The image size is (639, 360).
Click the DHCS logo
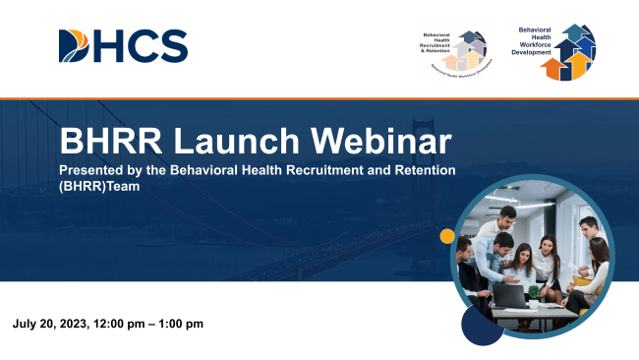click(x=123, y=44)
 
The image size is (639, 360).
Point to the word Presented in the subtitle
click(x=95, y=171)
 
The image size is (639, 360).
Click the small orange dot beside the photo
click(x=447, y=236)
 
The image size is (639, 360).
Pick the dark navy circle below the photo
click(x=482, y=325)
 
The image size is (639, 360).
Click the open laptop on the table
click(x=510, y=293)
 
